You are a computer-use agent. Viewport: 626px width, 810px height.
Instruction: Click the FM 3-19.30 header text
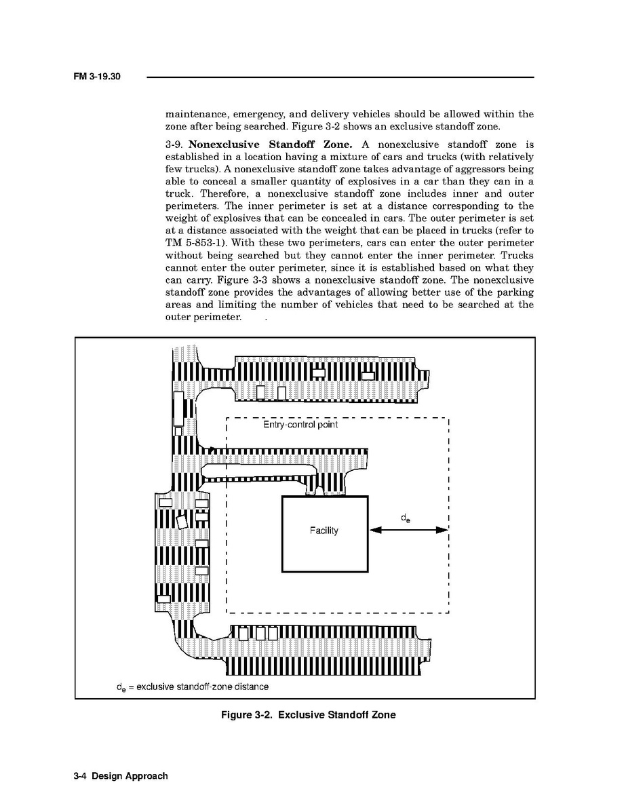pos(96,77)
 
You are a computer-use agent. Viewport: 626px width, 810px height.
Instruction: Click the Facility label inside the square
pos(324,531)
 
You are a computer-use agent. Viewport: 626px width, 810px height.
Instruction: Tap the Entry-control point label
pos(300,425)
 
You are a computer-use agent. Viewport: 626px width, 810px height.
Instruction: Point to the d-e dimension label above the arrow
pos(405,519)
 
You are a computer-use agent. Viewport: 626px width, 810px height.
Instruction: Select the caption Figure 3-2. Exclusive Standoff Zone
pos(308,714)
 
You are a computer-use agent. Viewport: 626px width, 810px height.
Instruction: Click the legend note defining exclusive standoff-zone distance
pos(192,687)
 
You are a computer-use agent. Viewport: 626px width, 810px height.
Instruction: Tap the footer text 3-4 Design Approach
pos(121,775)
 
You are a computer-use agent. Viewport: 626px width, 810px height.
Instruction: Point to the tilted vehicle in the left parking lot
pos(181,522)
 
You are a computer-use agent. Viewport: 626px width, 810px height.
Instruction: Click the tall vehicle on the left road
pos(179,408)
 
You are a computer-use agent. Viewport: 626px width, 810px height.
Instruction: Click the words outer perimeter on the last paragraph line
pos(202,317)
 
